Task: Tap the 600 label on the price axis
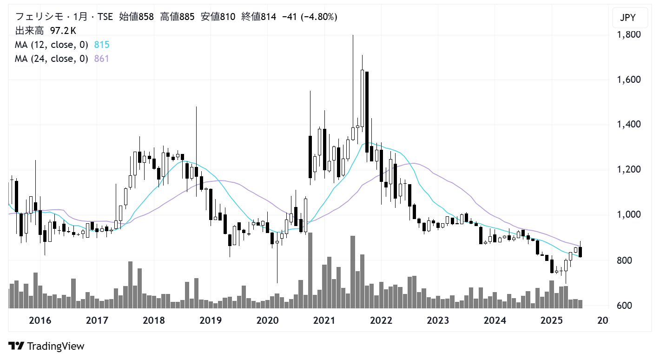[625, 306]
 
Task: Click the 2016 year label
[40, 320]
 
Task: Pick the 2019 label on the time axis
[211, 320]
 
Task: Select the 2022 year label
[381, 320]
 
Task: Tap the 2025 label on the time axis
[552, 320]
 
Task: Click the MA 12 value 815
[101, 45]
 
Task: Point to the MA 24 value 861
[101, 59]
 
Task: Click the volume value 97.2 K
[63, 31]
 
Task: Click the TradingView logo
[46, 346]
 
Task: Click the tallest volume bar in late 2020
[310, 270]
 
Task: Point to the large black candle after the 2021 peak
[367, 112]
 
